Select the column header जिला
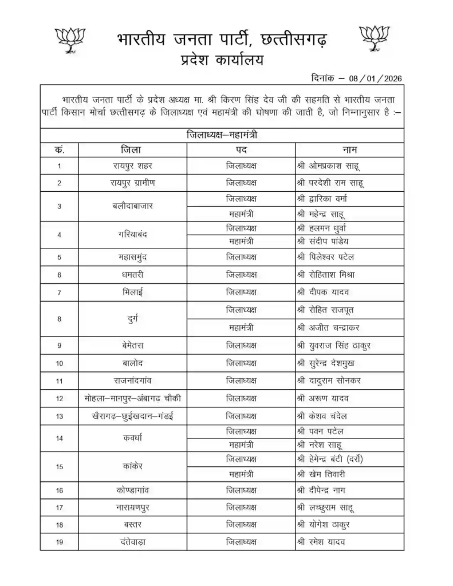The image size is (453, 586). click(132, 150)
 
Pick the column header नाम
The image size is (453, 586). click(350, 150)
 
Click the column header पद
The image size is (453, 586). click(241, 150)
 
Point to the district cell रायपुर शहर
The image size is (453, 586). click(132, 166)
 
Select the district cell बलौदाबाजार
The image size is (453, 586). click(132, 206)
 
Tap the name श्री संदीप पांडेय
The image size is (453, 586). click(331, 241)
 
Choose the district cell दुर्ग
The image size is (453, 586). click(132, 318)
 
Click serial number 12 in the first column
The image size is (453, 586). click(59, 398)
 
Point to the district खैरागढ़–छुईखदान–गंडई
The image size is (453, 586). click(132, 415)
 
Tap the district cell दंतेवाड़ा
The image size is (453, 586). click(132, 541)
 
